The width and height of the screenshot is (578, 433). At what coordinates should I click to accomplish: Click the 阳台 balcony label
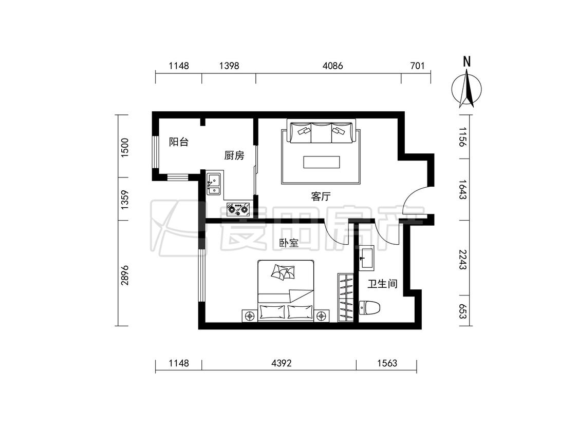(x=179, y=142)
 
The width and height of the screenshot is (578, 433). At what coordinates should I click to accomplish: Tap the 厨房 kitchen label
(x=234, y=155)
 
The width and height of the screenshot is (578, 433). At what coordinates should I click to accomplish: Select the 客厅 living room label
(x=321, y=196)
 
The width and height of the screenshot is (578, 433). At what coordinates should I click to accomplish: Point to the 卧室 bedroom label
(x=289, y=243)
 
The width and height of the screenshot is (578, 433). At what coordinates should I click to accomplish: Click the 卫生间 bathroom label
(x=383, y=284)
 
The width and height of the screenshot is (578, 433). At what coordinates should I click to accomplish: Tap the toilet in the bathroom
(x=370, y=308)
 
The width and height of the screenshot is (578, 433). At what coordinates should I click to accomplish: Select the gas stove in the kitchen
(x=238, y=209)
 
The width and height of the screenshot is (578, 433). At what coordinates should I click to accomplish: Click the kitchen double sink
(x=213, y=184)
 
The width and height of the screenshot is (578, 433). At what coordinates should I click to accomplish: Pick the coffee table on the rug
(x=322, y=162)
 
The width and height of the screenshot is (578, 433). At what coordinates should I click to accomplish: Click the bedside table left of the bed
(x=250, y=316)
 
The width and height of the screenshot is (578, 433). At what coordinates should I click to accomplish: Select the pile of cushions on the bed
(x=283, y=272)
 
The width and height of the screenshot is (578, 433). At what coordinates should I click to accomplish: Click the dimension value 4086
(x=332, y=66)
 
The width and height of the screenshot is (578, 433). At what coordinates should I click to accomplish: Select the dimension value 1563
(x=387, y=363)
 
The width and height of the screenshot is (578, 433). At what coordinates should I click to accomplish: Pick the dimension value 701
(x=417, y=66)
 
